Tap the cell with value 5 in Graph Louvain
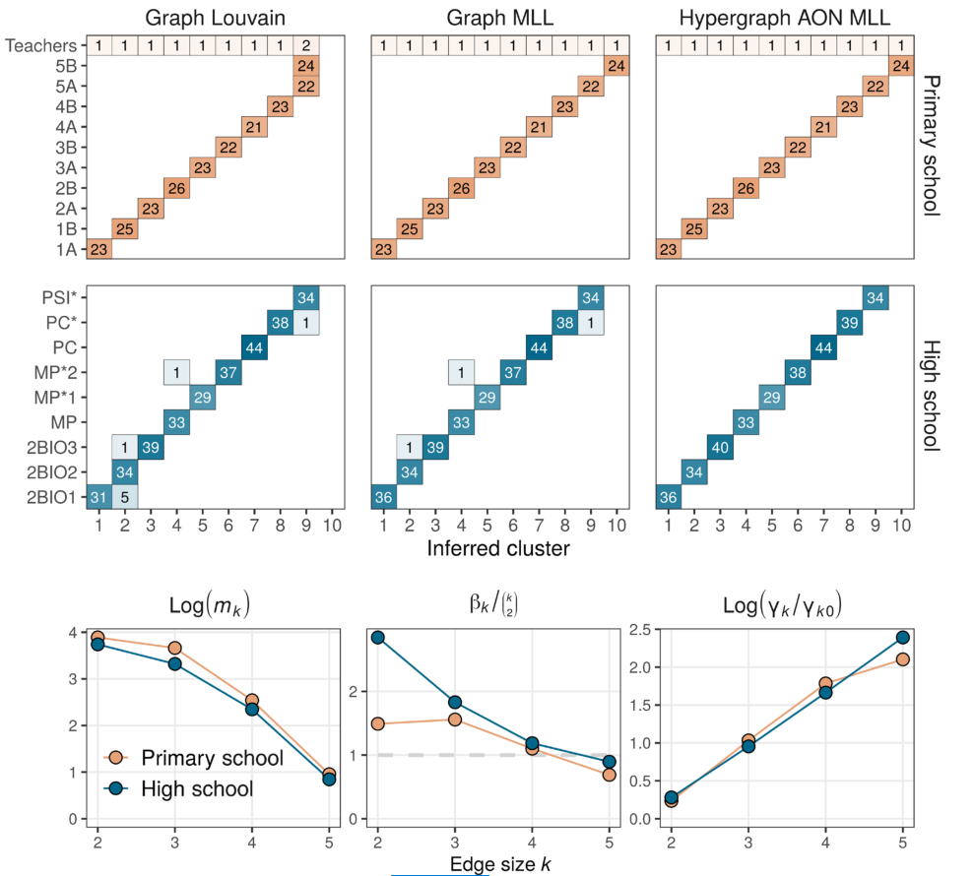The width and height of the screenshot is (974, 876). (x=125, y=497)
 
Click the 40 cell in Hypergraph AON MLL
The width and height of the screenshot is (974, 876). (x=720, y=447)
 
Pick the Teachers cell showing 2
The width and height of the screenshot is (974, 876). (x=305, y=45)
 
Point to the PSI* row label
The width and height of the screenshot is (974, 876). (x=62, y=296)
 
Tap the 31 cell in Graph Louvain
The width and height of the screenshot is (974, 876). (x=99, y=497)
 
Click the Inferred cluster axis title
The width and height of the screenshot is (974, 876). (x=498, y=548)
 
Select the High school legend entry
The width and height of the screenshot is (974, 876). (x=197, y=788)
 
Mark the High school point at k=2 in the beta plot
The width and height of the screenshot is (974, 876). (x=377, y=637)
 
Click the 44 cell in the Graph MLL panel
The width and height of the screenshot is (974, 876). (x=539, y=346)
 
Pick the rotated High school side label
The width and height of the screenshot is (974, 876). (x=931, y=395)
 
